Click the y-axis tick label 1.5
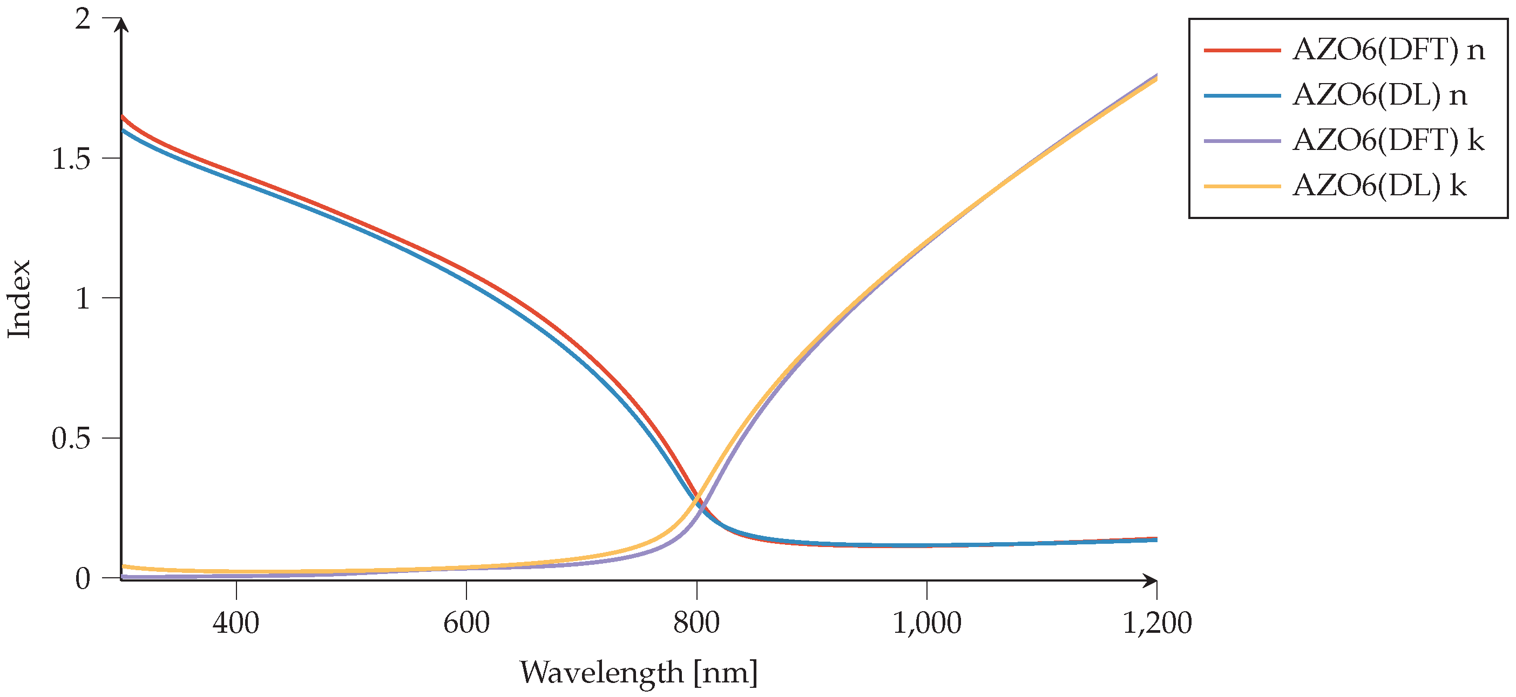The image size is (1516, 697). tap(71, 159)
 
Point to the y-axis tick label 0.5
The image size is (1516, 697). tap(71, 438)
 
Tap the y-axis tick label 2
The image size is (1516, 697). tap(83, 19)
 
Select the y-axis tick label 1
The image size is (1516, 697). tap(83, 298)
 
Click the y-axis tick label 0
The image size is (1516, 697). tap(83, 579)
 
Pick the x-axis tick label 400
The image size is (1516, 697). tap(236, 623)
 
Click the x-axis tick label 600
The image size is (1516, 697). tap(466, 623)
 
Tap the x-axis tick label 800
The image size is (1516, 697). tap(696, 623)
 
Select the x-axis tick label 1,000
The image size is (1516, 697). tap(927, 623)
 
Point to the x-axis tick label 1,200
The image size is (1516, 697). tap(1157, 623)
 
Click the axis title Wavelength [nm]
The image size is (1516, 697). tap(639, 672)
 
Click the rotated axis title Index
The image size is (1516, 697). tap(19, 299)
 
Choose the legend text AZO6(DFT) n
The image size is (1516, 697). tap(1388, 50)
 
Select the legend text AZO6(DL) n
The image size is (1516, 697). tap(1379, 95)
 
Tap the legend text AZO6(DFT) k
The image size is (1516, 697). tap(1388, 141)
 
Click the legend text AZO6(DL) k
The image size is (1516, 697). tap(1379, 186)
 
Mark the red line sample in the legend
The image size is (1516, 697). tap(1242, 51)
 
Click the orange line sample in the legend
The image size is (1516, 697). tap(1242, 187)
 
